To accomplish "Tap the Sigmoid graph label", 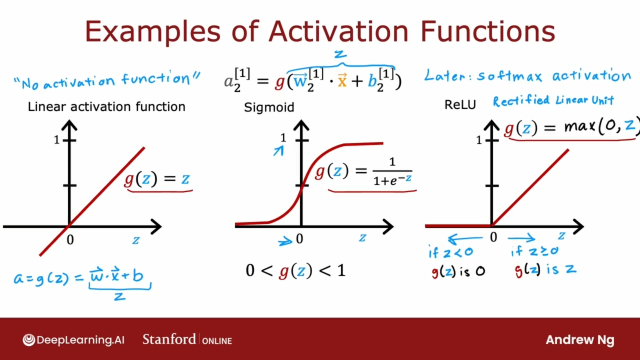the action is (x=269, y=107).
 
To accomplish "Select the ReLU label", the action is (x=460, y=105).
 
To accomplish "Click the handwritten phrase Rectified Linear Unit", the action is (x=553, y=100).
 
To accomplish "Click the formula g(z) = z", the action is (x=157, y=179).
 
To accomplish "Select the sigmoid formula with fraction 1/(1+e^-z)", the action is (x=363, y=171).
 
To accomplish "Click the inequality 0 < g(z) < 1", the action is (x=295, y=270).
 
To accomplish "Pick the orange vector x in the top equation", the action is (x=342, y=80).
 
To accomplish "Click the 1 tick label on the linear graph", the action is (x=56, y=140).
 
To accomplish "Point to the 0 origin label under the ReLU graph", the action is (x=493, y=237).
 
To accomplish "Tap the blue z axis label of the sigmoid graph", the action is (x=362, y=237).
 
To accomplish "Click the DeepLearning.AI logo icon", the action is (x=28, y=340).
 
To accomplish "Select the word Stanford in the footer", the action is (x=169, y=339).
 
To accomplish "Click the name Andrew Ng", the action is (x=580, y=340).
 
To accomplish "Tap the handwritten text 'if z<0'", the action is (x=450, y=252).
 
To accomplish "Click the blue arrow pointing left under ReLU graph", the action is (x=465, y=238).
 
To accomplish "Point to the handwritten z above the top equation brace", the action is (x=340, y=53).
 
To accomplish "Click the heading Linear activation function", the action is (x=106, y=107).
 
